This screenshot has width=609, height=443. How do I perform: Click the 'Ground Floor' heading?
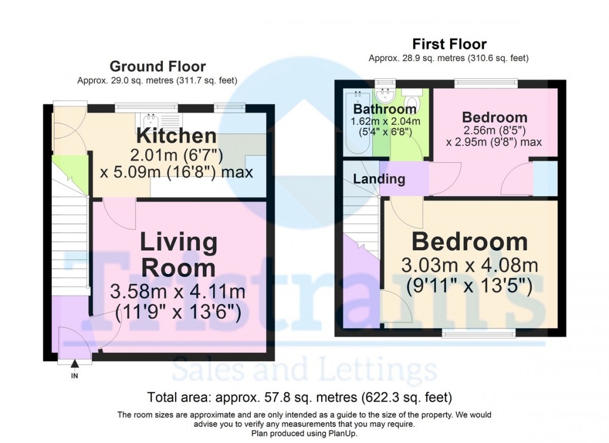click(x=158, y=67)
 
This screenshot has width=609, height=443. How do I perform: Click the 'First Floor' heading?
click(x=449, y=44)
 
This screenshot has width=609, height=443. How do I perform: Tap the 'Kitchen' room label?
click(x=176, y=136)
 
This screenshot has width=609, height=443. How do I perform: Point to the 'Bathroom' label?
click(x=385, y=110)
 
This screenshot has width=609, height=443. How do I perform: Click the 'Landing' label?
click(x=379, y=179)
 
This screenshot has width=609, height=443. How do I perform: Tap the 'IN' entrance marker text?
click(x=75, y=376)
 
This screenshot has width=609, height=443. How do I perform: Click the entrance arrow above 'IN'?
click(x=75, y=364)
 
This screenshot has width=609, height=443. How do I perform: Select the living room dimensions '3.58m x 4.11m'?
click(x=177, y=293)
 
